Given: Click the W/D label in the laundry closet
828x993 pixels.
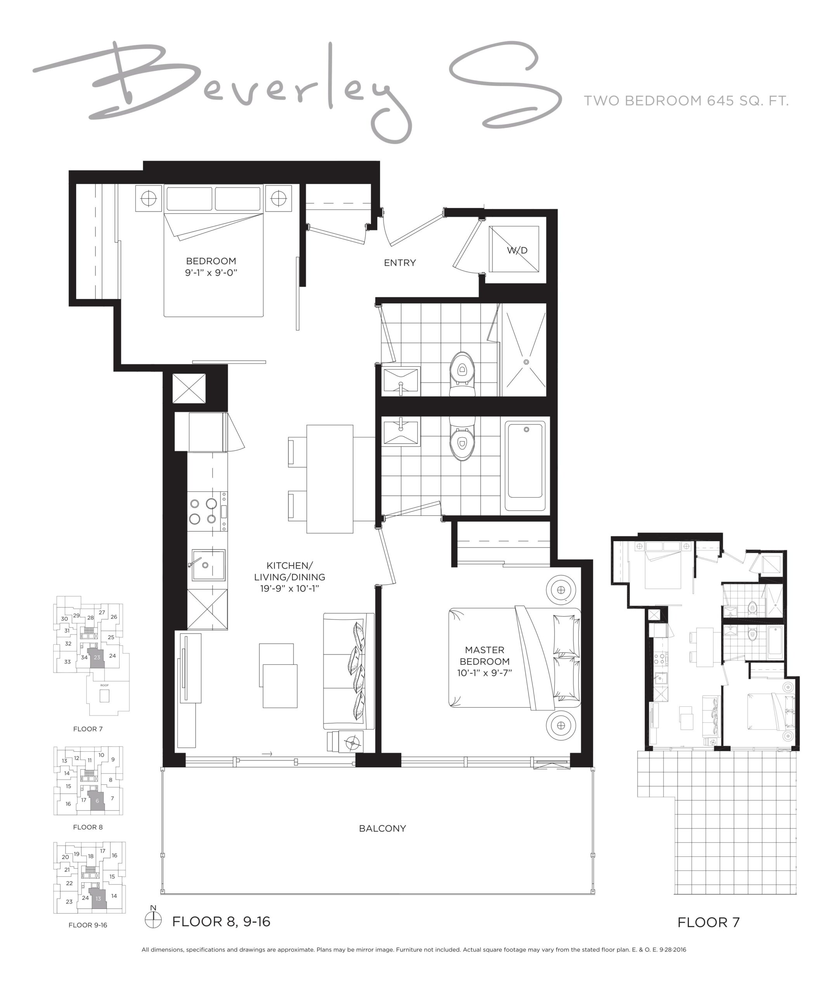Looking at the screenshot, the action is coord(517,250).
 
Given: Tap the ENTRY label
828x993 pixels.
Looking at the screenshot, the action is coord(400,263).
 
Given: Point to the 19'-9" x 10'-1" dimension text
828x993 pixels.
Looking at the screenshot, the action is coord(290,589).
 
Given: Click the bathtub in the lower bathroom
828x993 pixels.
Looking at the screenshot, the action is coord(525,466).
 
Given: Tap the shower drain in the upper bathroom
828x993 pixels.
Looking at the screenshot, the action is coord(526,362).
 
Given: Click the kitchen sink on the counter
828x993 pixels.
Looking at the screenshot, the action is coord(208,565).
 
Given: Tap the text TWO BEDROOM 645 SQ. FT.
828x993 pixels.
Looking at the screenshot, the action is coord(686,101).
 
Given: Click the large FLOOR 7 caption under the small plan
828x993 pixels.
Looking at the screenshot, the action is coord(708,922).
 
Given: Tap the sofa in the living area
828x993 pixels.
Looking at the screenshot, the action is coord(349,671).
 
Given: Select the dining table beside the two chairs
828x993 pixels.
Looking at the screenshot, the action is coord(330,479).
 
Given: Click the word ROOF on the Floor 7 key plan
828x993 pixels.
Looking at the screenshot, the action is coord(104,685).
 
